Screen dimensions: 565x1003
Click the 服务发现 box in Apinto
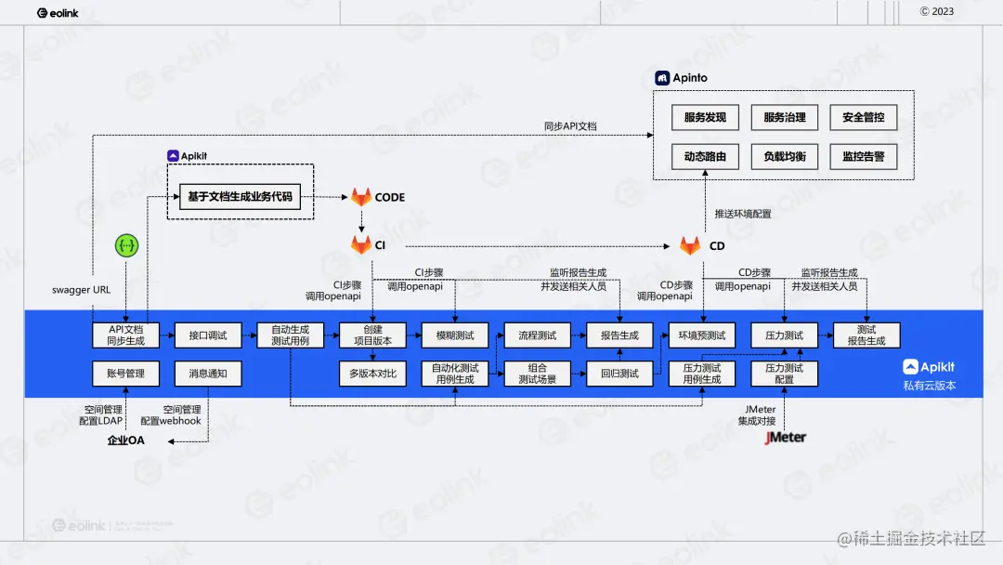(x=705, y=117)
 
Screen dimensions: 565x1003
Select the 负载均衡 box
(x=784, y=157)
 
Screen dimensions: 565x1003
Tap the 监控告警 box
(x=864, y=157)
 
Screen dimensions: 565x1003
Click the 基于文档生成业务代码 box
(x=240, y=197)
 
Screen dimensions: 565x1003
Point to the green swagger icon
(x=126, y=245)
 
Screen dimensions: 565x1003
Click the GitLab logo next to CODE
(x=361, y=197)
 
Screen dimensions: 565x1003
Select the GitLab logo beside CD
(x=690, y=246)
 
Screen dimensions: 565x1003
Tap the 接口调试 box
(x=208, y=335)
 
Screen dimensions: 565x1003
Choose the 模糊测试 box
(x=455, y=335)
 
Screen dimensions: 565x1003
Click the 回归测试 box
(x=619, y=374)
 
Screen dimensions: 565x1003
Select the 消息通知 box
(x=208, y=374)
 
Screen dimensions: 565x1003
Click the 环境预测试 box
(x=702, y=335)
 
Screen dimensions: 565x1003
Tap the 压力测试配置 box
(x=784, y=374)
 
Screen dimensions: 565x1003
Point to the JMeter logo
(x=785, y=437)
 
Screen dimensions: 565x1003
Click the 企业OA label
(x=126, y=440)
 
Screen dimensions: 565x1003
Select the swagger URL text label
(x=81, y=290)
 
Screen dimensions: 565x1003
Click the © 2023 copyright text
(x=937, y=11)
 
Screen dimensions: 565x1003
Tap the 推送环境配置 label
(x=743, y=214)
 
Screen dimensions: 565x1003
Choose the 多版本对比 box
(x=372, y=374)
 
